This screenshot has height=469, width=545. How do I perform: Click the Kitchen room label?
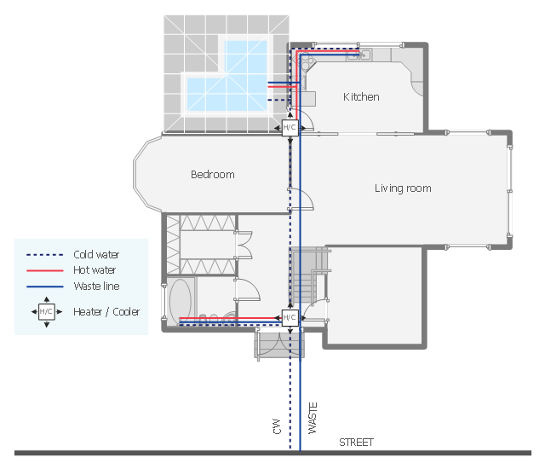point(361,96)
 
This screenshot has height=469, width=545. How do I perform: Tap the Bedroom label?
point(213,174)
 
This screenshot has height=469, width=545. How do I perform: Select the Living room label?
point(403,188)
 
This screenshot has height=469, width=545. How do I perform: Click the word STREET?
point(356,443)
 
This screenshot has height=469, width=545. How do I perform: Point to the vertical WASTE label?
point(313,418)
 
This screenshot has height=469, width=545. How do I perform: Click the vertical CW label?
point(277,426)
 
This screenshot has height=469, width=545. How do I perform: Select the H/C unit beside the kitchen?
point(290,128)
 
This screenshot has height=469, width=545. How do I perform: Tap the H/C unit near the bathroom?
point(290,318)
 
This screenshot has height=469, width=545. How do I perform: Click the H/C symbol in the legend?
point(47,312)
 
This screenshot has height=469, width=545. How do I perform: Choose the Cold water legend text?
point(96,255)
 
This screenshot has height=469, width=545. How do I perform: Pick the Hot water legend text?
point(95,270)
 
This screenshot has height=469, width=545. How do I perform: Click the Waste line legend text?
point(96,286)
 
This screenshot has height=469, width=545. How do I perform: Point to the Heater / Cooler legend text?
point(106,312)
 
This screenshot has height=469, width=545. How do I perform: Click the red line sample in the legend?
point(45,270)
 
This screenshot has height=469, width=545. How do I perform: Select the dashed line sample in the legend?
point(45,255)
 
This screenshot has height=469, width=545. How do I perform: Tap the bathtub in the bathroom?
point(180,301)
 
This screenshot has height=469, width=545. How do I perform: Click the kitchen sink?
point(359,55)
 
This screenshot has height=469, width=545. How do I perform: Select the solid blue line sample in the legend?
point(45,287)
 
